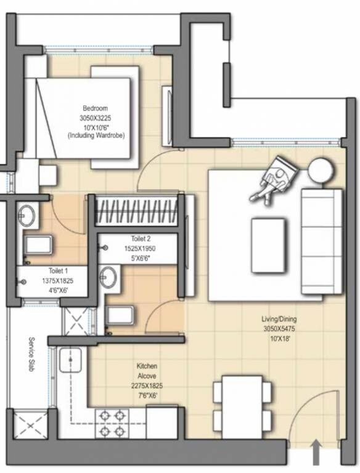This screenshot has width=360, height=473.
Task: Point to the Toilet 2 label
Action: (x=141, y=239)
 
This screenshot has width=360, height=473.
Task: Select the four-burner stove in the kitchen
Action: (x=112, y=423)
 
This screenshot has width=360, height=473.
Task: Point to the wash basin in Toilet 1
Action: (x=27, y=215)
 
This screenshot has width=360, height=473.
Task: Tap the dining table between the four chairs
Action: (x=242, y=404)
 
